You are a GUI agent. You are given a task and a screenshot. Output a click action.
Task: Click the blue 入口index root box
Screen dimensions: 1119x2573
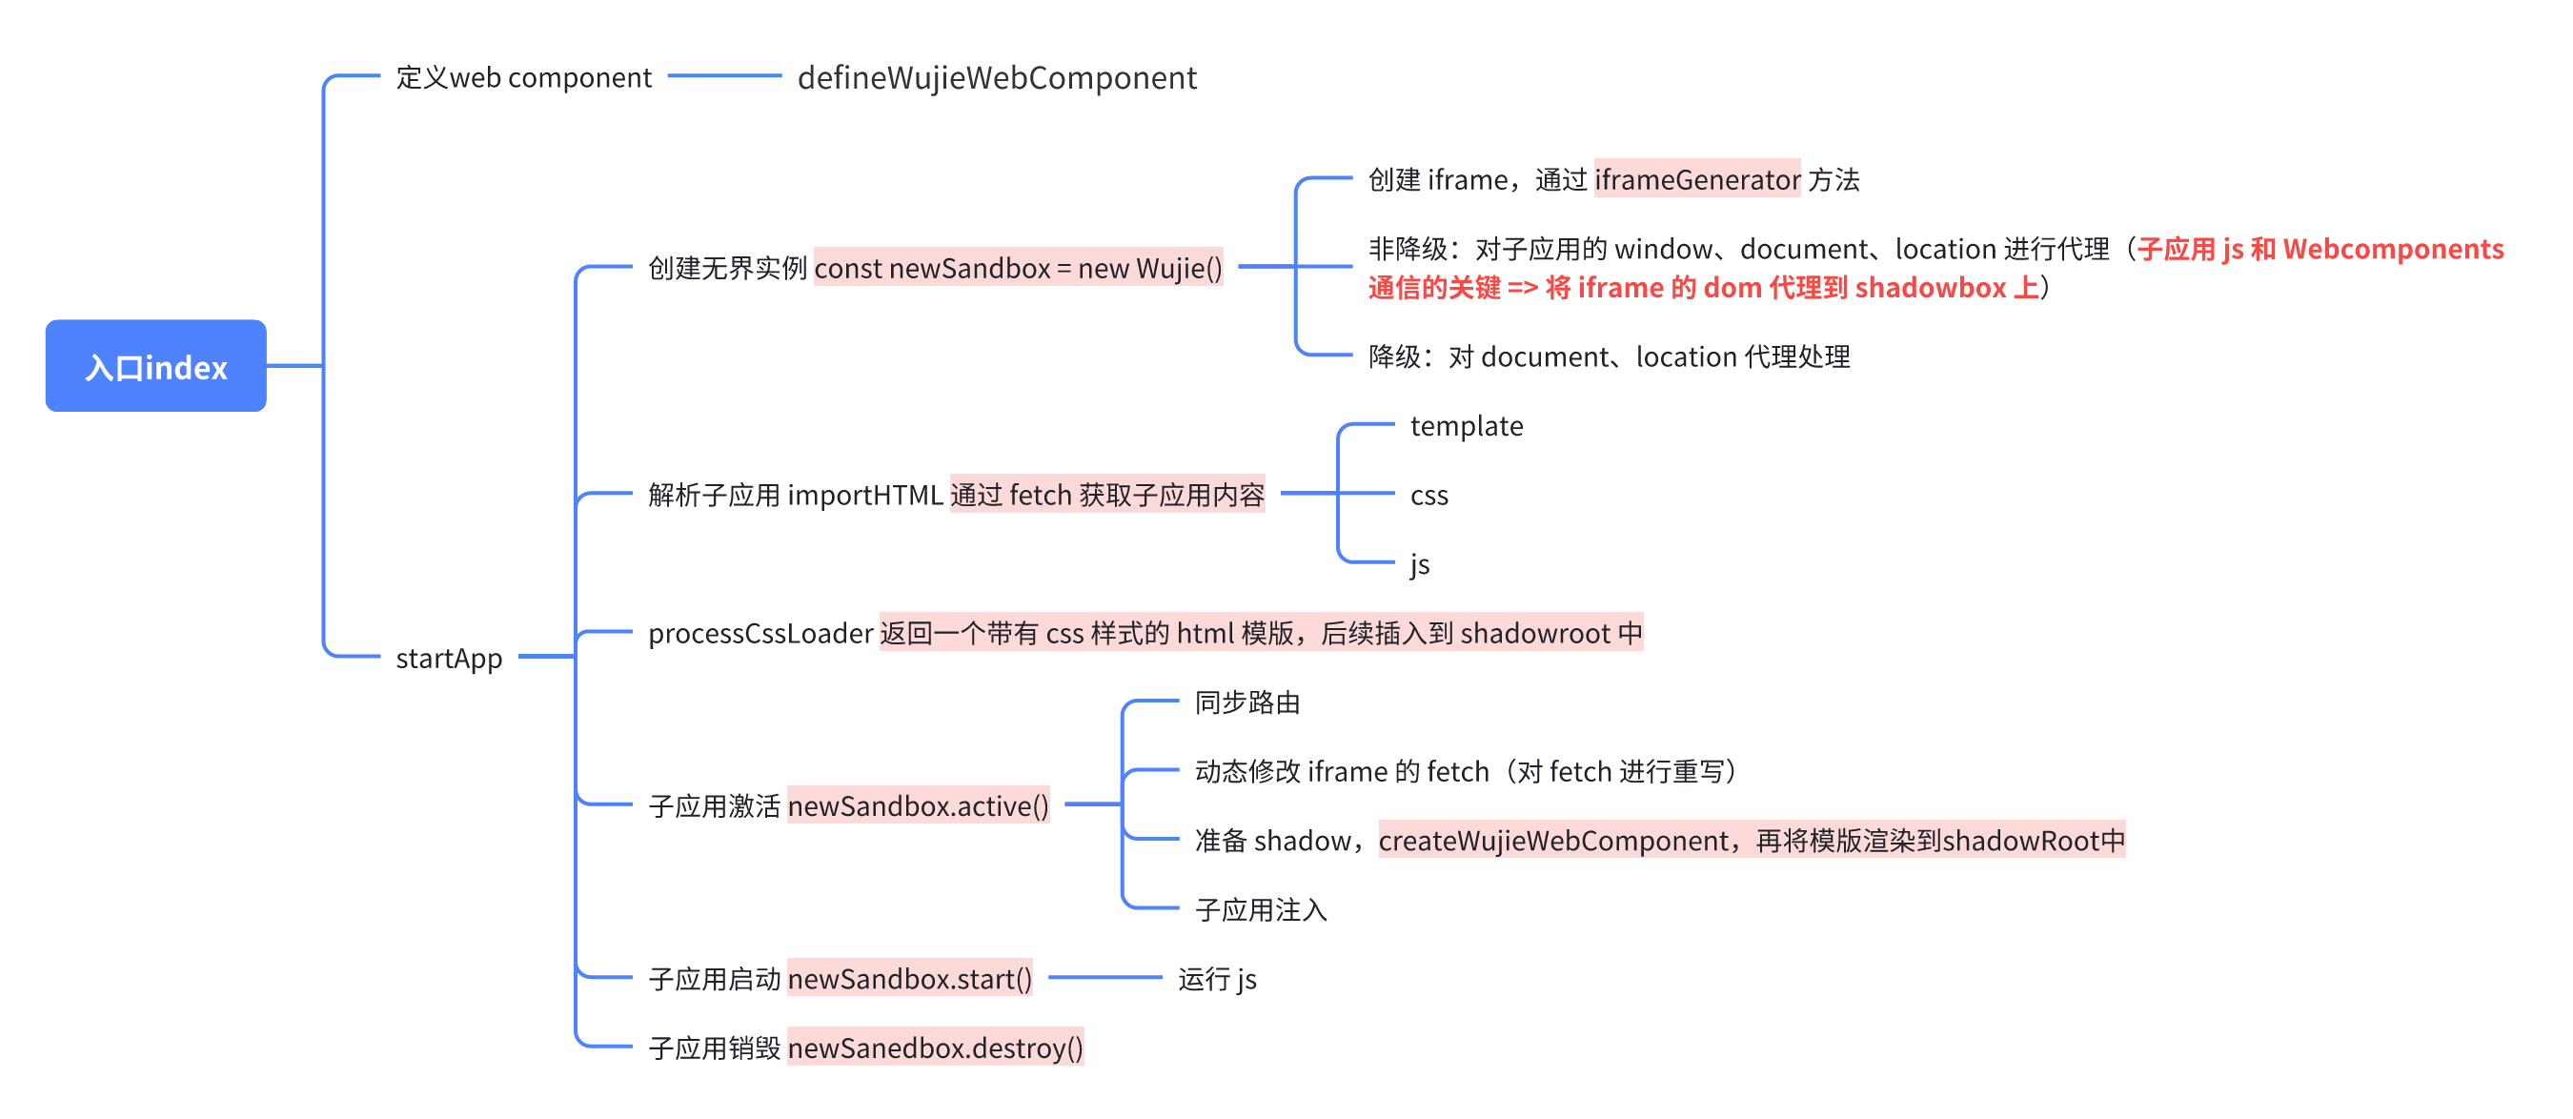coord(156,366)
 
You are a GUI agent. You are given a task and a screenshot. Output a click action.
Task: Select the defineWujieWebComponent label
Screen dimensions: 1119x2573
coord(996,78)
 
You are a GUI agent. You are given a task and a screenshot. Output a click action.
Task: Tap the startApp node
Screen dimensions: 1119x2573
coord(449,658)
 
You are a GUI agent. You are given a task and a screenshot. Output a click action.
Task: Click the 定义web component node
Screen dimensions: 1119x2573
coord(523,78)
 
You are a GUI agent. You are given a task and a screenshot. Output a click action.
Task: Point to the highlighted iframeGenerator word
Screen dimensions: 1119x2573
coord(1696,180)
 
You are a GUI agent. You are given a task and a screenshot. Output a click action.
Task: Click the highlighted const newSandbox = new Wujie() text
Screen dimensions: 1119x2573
coord(1018,268)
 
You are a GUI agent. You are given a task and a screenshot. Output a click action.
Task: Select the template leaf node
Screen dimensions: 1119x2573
coord(1466,427)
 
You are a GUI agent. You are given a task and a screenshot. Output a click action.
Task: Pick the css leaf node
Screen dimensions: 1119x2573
coord(1428,496)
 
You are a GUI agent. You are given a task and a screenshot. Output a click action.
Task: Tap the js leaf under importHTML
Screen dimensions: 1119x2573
coord(1419,564)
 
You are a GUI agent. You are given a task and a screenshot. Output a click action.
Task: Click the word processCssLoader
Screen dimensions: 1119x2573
coord(760,634)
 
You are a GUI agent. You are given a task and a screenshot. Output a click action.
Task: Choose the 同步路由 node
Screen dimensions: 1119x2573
coord(1246,702)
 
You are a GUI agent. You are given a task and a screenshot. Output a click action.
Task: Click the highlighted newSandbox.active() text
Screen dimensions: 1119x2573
coord(918,805)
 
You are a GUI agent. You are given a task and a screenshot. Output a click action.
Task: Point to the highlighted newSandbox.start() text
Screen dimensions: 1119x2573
coord(909,978)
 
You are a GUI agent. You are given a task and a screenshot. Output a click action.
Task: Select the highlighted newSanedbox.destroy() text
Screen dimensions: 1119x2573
coord(935,1048)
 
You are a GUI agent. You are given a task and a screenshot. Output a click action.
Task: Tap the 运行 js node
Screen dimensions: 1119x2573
coord(1217,978)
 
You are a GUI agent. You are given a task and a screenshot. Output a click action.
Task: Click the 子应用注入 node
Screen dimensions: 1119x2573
coord(1261,909)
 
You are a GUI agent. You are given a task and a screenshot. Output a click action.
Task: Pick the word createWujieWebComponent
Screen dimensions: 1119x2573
coord(1553,841)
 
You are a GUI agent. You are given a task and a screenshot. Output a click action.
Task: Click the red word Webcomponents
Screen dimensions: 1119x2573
coord(2393,249)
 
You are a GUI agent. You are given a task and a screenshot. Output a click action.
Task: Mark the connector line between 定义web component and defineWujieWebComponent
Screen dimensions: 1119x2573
coord(724,76)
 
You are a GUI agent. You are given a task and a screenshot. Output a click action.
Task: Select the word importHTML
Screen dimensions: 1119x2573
coord(865,496)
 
